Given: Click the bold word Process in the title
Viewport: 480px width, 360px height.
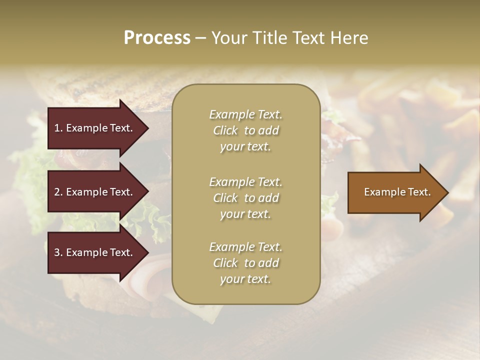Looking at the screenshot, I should coord(157,38).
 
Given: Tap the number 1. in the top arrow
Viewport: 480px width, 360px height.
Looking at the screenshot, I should coord(58,128).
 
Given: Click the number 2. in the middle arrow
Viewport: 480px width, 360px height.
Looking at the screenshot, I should coord(58,192).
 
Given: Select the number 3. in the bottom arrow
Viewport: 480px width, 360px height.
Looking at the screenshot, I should coord(58,252).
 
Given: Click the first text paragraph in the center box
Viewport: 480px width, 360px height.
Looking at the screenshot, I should coord(245,130).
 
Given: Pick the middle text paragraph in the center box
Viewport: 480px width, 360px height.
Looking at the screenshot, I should coord(245,198).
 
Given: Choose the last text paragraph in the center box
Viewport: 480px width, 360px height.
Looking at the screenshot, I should coord(245,263).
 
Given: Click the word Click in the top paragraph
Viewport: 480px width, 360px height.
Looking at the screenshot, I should coord(225,130).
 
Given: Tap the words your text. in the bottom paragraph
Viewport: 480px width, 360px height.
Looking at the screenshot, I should coord(245,279).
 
